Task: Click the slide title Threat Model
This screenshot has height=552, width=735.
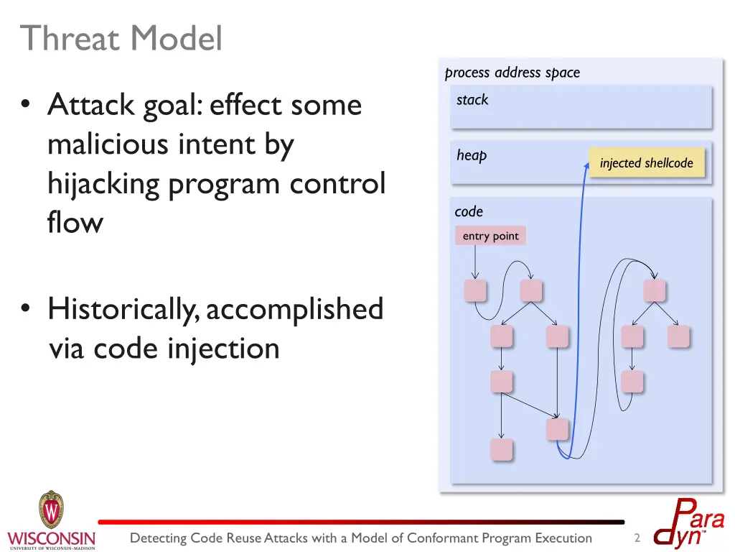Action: [121, 38]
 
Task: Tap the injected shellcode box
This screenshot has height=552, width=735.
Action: [647, 163]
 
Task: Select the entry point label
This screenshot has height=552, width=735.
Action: [490, 236]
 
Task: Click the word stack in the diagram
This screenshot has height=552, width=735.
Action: [472, 100]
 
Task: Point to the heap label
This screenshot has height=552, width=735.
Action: [472, 155]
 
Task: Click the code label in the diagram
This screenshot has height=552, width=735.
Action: [469, 211]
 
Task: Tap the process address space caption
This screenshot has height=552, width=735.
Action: [512, 73]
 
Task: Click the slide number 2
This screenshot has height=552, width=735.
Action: [637, 538]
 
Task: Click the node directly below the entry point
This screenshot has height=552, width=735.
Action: [474, 290]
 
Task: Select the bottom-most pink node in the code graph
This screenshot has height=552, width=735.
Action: [501, 449]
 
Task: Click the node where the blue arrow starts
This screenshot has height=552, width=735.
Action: [557, 429]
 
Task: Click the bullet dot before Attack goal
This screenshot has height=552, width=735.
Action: [27, 106]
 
